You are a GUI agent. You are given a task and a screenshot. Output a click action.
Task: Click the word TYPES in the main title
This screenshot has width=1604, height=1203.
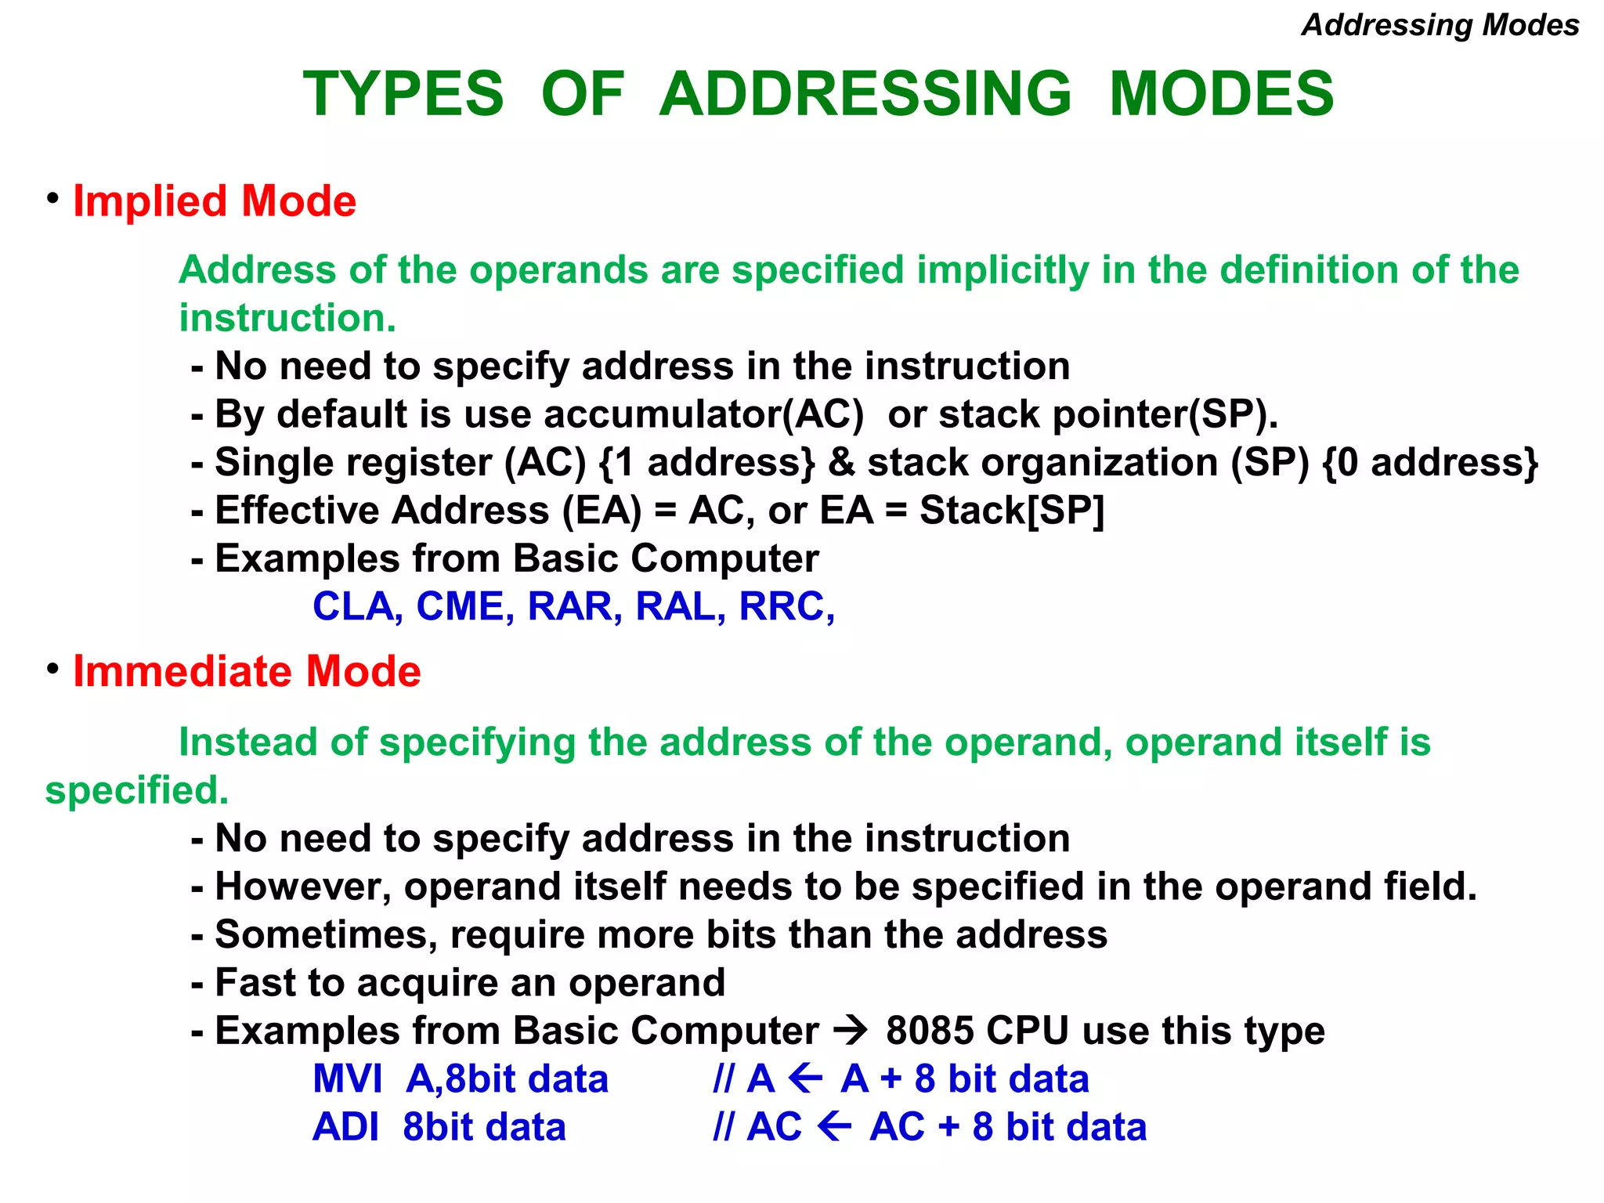click(x=403, y=94)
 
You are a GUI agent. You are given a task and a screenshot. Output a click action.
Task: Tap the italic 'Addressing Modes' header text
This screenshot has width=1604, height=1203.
click(x=1440, y=25)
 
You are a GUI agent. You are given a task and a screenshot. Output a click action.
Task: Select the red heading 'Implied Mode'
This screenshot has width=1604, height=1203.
click(x=214, y=201)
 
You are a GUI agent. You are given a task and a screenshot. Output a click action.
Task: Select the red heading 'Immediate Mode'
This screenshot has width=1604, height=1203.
click(x=247, y=671)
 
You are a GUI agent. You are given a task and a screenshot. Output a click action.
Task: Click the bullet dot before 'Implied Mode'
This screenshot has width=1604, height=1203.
click(x=52, y=198)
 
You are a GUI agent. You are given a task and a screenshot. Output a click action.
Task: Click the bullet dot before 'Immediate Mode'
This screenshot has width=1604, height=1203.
click(x=52, y=669)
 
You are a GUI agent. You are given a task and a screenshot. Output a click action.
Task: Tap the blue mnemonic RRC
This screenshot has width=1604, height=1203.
click(x=785, y=607)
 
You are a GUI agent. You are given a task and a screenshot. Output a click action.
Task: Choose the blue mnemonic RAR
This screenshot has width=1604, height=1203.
click(x=573, y=607)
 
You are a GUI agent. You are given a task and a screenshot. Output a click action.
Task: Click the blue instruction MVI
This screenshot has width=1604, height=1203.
click(x=347, y=1079)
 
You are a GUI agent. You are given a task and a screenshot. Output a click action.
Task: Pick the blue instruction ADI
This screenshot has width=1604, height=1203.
click(x=345, y=1128)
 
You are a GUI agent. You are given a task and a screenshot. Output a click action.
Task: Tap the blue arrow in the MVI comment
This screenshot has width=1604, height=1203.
click(x=806, y=1079)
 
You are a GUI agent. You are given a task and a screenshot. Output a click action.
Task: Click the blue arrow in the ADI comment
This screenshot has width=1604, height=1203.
click(x=834, y=1128)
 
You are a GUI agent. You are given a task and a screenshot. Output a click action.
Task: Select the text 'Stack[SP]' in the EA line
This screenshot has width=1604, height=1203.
click(x=1011, y=511)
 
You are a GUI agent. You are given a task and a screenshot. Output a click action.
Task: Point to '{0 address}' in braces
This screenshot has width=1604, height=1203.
click(x=1429, y=462)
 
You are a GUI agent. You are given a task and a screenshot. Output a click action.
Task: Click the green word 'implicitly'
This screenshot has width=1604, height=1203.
click(x=1002, y=270)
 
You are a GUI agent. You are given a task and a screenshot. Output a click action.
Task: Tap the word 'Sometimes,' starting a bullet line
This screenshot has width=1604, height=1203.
click(x=326, y=935)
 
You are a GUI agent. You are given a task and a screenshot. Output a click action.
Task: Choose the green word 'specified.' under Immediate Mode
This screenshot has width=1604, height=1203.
click(x=137, y=790)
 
